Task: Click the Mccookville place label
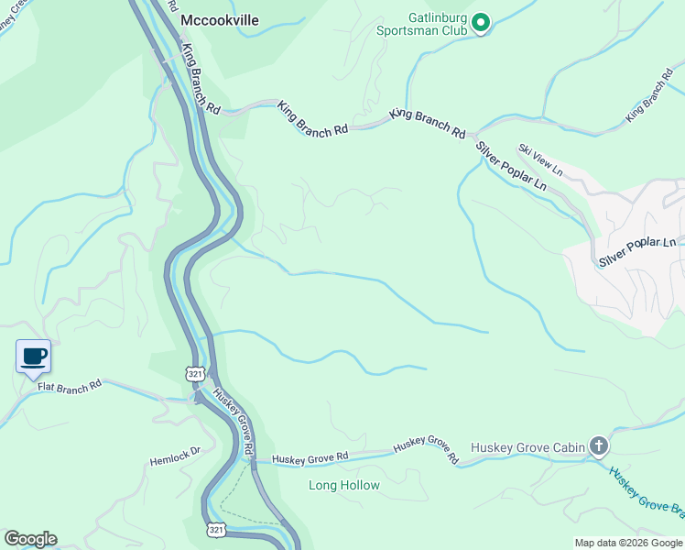[220, 19]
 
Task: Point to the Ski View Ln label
[539, 159]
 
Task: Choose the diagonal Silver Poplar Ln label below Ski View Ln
[511, 166]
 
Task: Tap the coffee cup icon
[33, 357]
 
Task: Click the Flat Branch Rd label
[70, 388]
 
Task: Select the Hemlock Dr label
[175, 456]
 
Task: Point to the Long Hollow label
[343, 485]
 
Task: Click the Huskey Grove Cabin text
[527, 447]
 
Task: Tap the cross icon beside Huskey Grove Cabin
[599, 446]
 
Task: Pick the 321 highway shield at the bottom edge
[216, 529]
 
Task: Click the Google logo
[30, 539]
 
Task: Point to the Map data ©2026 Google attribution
[628, 543]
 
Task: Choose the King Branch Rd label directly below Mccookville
[201, 79]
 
